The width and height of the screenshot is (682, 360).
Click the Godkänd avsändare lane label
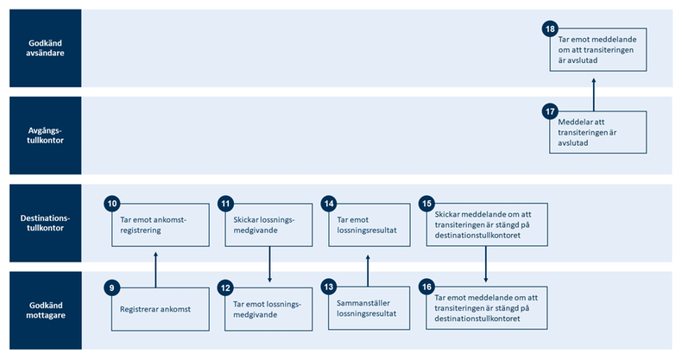[x=45, y=48]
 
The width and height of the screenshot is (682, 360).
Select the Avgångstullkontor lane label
[x=45, y=136]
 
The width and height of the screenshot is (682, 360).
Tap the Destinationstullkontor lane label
[x=45, y=224]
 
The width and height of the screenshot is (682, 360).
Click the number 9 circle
[x=111, y=287]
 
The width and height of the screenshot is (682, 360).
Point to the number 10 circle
[x=111, y=204]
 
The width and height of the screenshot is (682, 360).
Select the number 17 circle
[x=550, y=112]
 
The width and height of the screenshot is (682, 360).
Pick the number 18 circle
[x=550, y=29]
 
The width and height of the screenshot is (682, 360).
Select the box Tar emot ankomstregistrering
[x=161, y=225]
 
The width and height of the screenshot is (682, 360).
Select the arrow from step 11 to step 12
[x=270, y=265]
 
